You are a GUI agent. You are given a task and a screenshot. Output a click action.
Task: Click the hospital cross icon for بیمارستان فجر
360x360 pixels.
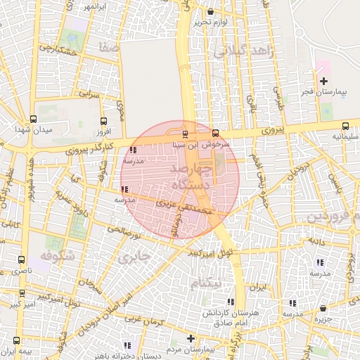(323, 82)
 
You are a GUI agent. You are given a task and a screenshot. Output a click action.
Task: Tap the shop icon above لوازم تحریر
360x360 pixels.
(211, 11)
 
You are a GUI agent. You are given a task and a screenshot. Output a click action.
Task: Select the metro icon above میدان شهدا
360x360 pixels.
(34, 119)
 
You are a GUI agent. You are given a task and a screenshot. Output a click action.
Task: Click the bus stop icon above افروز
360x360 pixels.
(104, 120)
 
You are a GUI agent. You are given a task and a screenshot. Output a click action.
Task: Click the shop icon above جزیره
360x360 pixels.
(323, 308)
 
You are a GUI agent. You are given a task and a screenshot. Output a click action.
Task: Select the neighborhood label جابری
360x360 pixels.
(134, 257)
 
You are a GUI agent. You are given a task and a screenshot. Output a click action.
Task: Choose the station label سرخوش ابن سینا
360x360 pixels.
(202, 144)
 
